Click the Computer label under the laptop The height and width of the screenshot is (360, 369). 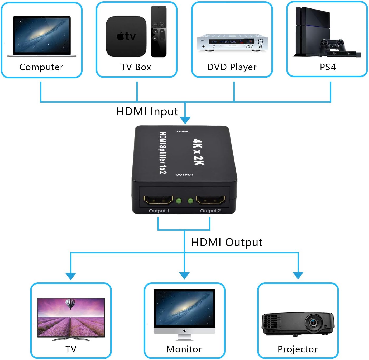[x=41, y=67]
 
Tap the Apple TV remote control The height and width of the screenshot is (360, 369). [x=159, y=31]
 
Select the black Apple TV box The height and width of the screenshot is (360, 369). [x=126, y=36]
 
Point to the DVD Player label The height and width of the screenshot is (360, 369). [x=232, y=67]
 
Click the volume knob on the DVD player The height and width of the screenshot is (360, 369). [x=260, y=42]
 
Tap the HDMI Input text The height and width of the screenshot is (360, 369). [x=147, y=111]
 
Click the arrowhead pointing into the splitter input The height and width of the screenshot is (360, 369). [x=185, y=120]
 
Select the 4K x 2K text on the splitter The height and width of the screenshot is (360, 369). [x=198, y=152]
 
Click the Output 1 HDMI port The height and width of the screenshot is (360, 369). [x=158, y=200]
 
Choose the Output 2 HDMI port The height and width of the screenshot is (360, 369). [x=210, y=200]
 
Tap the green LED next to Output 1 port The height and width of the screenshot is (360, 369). [x=179, y=201]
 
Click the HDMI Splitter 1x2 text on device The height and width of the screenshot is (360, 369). [x=163, y=153]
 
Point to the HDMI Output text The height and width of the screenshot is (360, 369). [x=227, y=242]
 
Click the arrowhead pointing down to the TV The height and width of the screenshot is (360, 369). [x=71, y=276]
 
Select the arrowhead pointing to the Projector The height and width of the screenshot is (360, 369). [x=298, y=276]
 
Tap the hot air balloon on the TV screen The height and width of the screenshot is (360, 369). [x=70, y=304]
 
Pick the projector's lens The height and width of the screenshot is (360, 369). [x=314, y=322]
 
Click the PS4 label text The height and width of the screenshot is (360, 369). [x=328, y=67]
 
